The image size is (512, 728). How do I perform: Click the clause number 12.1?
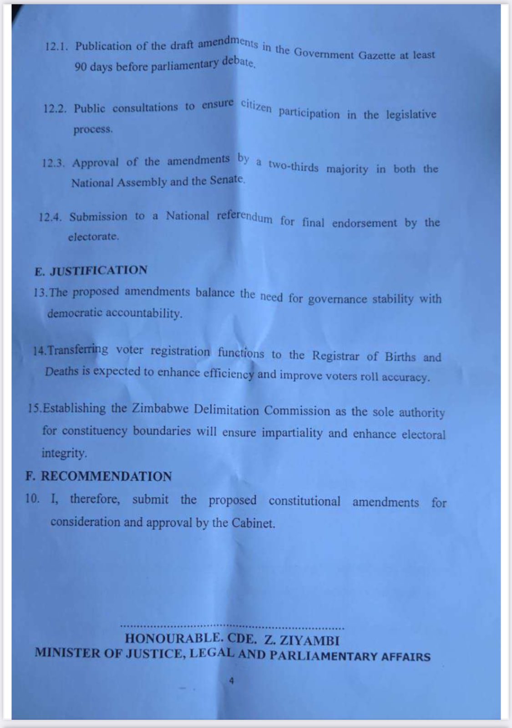click(x=56, y=47)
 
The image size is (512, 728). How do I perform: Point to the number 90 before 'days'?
click(x=81, y=67)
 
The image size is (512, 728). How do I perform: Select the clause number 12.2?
click(x=55, y=109)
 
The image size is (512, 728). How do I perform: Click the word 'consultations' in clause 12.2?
click(x=145, y=108)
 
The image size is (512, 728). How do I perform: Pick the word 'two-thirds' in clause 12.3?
click(x=293, y=166)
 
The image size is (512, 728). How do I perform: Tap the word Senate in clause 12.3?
click(x=227, y=179)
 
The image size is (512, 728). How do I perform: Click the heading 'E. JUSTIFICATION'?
click(x=91, y=271)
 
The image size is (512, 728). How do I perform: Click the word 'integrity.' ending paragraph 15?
click(x=64, y=453)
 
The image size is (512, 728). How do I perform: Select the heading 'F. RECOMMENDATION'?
click(x=99, y=477)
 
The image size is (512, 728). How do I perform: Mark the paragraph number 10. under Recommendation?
click(x=33, y=498)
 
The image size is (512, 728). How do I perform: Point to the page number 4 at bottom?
click(x=232, y=682)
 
